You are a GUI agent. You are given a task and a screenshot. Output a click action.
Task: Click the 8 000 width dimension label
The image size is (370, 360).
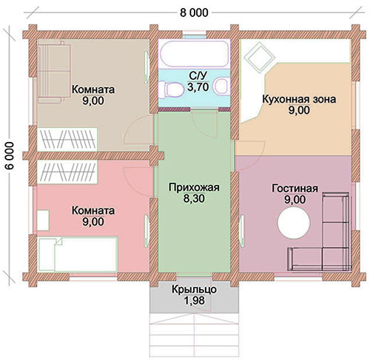[194, 13]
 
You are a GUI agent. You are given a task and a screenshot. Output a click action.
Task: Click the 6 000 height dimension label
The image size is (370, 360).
[10, 155]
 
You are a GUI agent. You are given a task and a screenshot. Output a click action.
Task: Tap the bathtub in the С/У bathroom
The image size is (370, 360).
[194, 54]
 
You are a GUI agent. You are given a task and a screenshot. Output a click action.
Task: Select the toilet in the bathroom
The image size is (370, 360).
[171, 89]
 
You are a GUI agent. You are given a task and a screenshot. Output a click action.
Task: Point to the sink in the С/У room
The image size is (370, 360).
[221, 86]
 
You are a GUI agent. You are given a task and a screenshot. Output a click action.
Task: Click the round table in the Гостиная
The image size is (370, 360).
[294, 223]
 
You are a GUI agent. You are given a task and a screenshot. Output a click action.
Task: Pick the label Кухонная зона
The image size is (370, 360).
[299, 99]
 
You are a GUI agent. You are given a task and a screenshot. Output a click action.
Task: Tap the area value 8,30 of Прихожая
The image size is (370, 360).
[194, 199]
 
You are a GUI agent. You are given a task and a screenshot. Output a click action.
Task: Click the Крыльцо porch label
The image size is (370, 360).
[194, 289]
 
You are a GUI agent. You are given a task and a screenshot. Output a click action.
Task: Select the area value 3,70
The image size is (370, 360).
[198, 87]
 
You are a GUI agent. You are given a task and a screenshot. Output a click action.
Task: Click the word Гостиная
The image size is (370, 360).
[295, 189]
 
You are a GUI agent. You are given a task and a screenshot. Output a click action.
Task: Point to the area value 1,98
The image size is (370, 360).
[194, 300]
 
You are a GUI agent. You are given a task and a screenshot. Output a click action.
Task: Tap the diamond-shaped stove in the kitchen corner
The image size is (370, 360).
[259, 57]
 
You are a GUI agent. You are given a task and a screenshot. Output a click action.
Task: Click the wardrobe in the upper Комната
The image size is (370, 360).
[67, 139]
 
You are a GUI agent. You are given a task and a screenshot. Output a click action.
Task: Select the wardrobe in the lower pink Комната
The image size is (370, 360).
[67, 172]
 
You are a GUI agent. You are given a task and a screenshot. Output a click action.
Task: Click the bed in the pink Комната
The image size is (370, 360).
[78, 254]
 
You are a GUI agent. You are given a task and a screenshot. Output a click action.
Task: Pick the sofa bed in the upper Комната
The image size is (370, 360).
[54, 72]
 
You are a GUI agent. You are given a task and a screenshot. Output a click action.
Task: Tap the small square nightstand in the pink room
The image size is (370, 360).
[43, 220]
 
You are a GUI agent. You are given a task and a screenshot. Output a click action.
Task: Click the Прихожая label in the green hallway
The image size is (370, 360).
[194, 187]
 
